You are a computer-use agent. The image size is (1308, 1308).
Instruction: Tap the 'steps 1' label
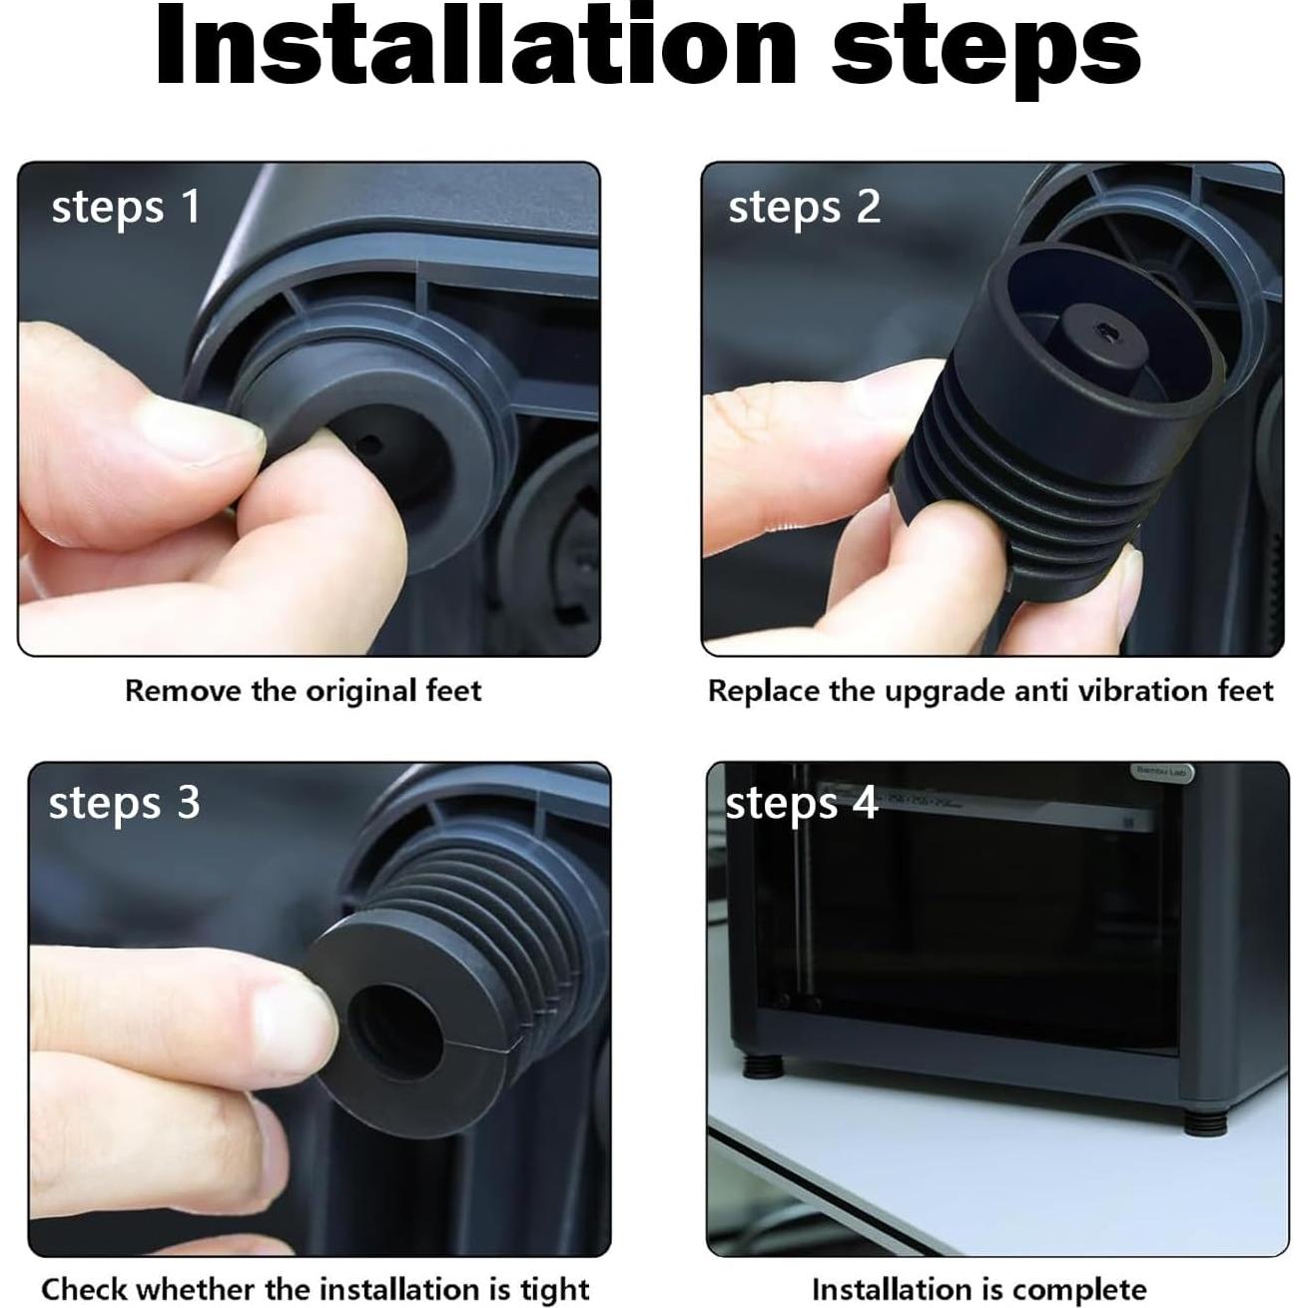[126, 207]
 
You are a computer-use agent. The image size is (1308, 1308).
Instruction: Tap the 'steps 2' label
[805, 207]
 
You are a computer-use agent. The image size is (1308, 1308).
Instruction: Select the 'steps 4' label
[802, 805]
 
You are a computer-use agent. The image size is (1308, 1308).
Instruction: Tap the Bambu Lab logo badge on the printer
[1161, 772]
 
